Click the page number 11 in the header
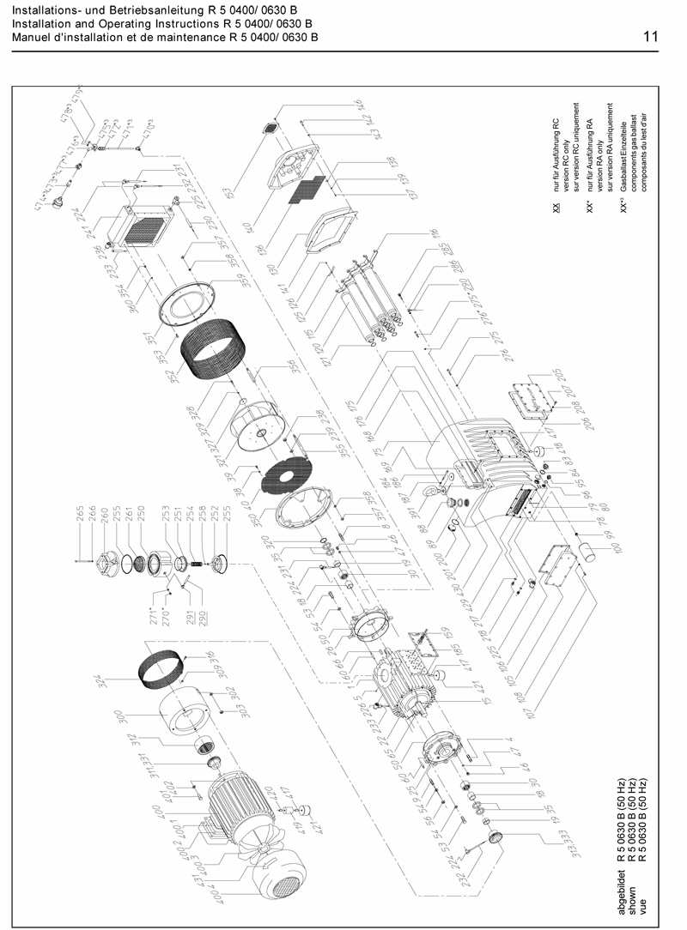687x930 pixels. tap(650, 37)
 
